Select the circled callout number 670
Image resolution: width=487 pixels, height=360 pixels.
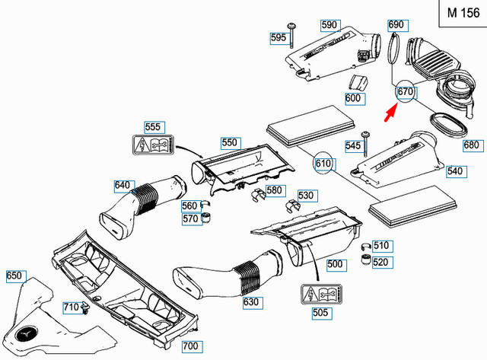(x=405, y=93)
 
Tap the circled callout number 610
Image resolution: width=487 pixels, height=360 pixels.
(x=323, y=163)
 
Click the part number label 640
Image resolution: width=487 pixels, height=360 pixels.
(x=123, y=185)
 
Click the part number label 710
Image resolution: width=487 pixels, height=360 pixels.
(x=71, y=307)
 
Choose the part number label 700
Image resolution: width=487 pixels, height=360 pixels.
(x=190, y=346)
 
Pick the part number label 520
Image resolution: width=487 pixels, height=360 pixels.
(x=380, y=262)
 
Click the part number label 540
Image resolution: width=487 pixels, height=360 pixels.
(x=455, y=171)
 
